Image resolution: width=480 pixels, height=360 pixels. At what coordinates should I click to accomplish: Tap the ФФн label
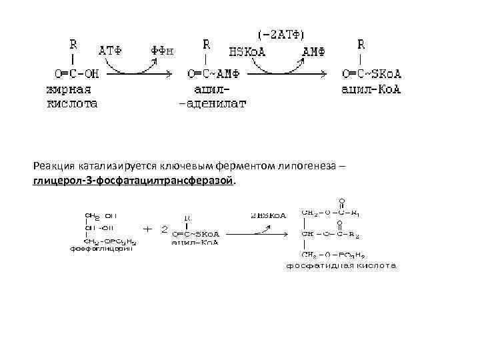click(160, 51)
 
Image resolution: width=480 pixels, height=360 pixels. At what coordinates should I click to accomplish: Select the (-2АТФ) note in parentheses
click(280, 33)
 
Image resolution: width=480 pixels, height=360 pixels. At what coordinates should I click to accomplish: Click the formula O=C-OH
click(74, 73)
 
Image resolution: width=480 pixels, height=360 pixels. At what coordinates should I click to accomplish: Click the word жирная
click(68, 88)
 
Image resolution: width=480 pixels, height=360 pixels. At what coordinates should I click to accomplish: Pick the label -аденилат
click(211, 103)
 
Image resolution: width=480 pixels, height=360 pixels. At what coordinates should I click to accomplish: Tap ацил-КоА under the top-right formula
click(371, 89)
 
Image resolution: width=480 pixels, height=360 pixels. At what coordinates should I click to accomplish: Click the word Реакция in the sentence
click(53, 165)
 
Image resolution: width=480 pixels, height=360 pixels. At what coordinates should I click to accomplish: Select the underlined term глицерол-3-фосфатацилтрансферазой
click(133, 181)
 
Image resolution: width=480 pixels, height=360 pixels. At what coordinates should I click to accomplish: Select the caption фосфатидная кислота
click(341, 266)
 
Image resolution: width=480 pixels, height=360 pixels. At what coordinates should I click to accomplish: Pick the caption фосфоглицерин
click(101, 249)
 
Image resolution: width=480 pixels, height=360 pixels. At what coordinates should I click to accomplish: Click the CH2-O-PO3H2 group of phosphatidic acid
click(334, 254)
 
